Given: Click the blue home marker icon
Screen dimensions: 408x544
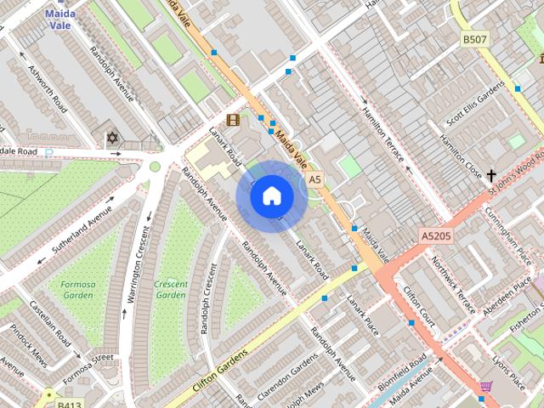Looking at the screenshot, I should click(271, 196).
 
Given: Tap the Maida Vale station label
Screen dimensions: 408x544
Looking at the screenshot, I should click(60, 19).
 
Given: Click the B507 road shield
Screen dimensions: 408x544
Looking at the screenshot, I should click(475, 39).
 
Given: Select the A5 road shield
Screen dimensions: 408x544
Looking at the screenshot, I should click(315, 179).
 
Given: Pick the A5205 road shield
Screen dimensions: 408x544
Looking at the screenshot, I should click(435, 233).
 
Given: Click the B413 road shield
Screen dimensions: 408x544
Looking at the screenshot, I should click(69, 405).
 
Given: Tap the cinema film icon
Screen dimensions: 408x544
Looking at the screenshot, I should click(233, 120).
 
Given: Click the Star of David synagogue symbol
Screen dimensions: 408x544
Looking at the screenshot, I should click(111, 137).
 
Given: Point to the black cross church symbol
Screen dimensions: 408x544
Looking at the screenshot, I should click(491, 175).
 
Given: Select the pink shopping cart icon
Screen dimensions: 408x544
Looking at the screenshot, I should click(485, 387).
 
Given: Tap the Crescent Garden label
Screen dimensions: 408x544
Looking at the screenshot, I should click(171, 289).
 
